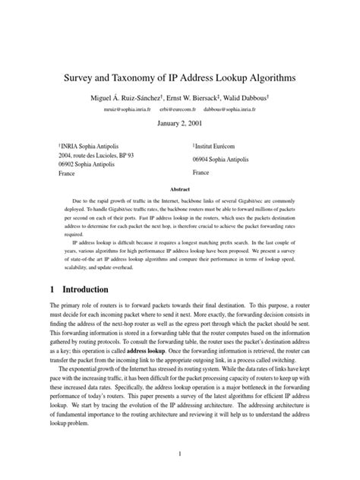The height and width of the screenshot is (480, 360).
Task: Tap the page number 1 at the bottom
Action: click(x=180, y=454)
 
